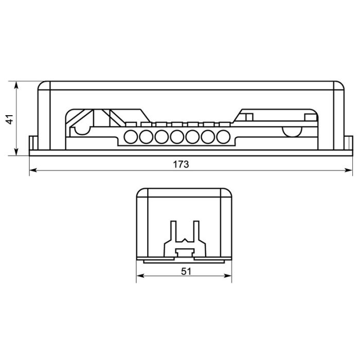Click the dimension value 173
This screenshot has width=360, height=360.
(181, 165)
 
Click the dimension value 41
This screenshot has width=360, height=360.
(10, 120)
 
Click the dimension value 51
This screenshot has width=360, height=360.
(186, 272)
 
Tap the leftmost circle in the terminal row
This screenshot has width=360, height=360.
(131, 137)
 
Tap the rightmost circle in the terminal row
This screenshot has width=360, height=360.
(223, 137)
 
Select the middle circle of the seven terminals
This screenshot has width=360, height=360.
(177, 137)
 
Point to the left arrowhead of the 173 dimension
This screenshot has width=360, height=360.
(33, 170)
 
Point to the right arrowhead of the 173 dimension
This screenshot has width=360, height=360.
(349, 170)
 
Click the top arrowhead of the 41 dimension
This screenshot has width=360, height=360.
(16, 85)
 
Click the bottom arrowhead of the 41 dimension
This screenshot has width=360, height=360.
(16, 152)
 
